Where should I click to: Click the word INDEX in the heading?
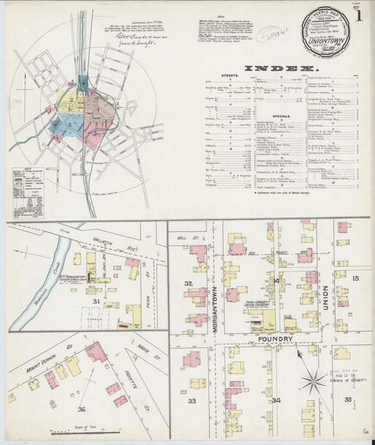[x=280, y=68]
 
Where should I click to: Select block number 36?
[x=82, y=409]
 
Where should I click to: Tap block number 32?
[x=188, y=284]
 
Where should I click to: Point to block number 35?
[x=348, y=399]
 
